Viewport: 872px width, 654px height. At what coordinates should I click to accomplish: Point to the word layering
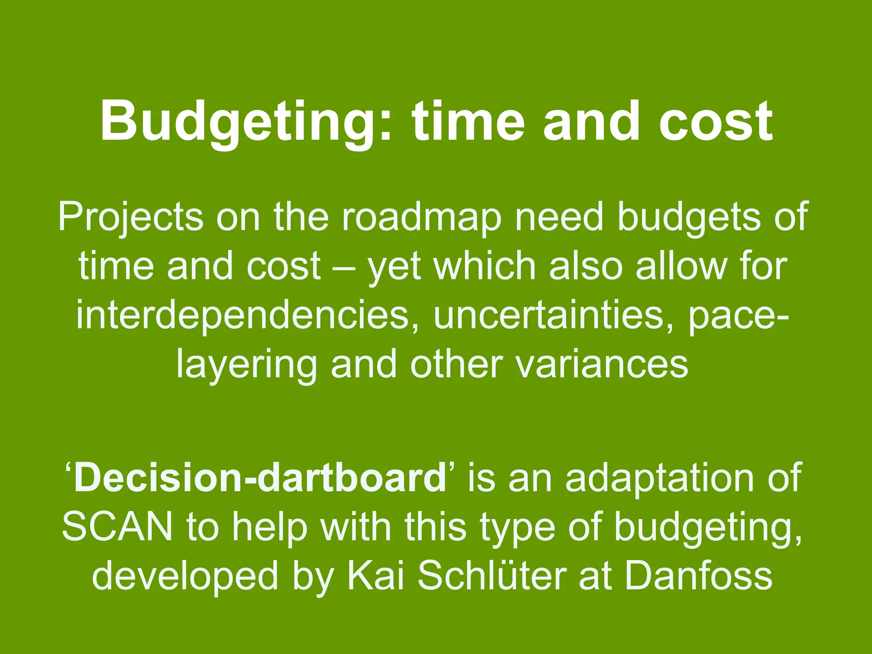247,365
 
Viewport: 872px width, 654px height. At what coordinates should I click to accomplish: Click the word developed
185,576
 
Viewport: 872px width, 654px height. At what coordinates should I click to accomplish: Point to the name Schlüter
492,575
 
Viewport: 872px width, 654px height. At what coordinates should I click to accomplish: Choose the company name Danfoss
698,575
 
